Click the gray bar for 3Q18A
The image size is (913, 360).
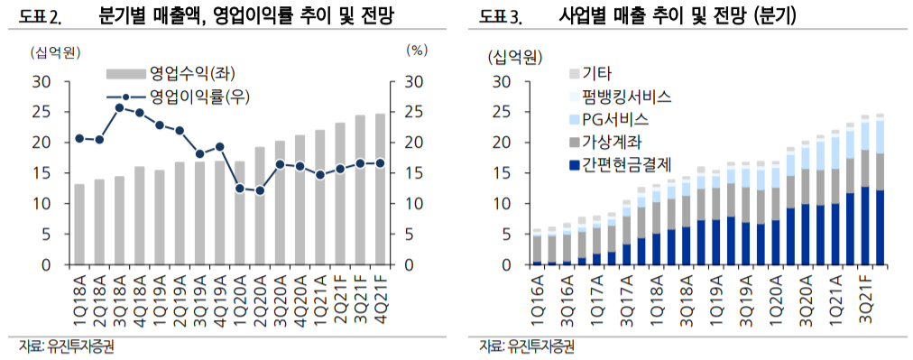(x=119, y=220)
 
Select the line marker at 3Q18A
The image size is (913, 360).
(x=119, y=107)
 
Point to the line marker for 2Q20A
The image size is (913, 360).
(x=260, y=190)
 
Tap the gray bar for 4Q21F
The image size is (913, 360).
(x=381, y=189)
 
